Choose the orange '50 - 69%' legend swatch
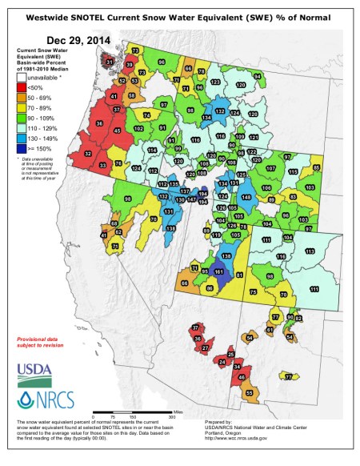[22, 98]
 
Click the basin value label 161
[219, 273]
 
